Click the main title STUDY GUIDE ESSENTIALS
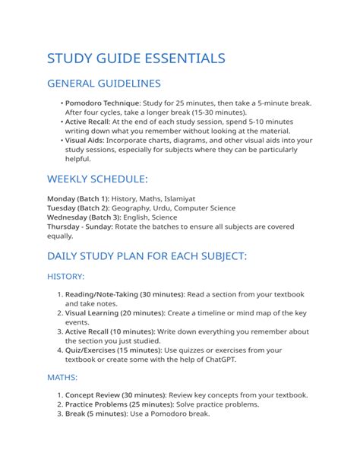click(136, 58)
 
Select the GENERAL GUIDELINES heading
click(103, 83)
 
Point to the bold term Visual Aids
click(84, 141)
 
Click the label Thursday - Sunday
click(80, 227)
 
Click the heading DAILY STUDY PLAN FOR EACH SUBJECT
click(147, 256)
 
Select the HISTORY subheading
click(65, 276)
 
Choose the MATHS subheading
click(62, 377)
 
